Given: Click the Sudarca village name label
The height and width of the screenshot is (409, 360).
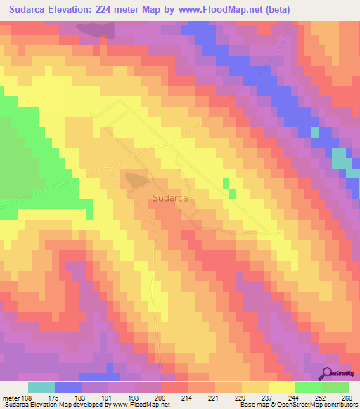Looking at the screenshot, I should click(169, 198).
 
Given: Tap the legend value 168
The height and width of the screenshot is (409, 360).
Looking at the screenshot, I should click(27, 397).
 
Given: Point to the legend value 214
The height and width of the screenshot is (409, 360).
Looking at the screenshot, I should click(186, 397).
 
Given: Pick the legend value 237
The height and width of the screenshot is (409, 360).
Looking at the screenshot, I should click(266, 397).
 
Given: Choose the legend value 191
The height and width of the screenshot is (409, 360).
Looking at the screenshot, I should click(107, 397).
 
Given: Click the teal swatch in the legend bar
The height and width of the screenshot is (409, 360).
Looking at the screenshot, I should click(41, 387).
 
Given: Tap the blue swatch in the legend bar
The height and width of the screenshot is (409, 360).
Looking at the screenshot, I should click(68, 387).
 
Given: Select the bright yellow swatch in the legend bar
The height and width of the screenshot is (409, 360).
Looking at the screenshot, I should click(281, 387).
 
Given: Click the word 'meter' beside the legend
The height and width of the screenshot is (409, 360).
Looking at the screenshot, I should click(11, 397).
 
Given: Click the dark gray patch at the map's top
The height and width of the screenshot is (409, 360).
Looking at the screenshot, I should click(96, 30).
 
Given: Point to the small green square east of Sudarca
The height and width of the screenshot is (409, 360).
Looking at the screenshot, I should click(226, 183).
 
